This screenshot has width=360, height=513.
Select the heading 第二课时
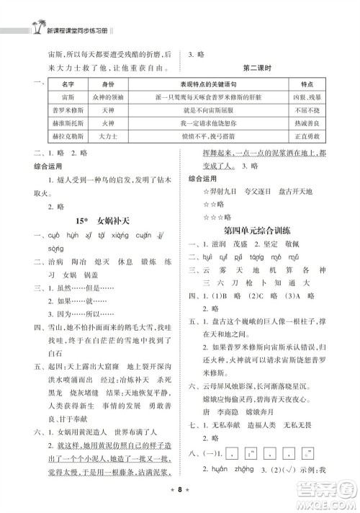coord(260,69)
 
